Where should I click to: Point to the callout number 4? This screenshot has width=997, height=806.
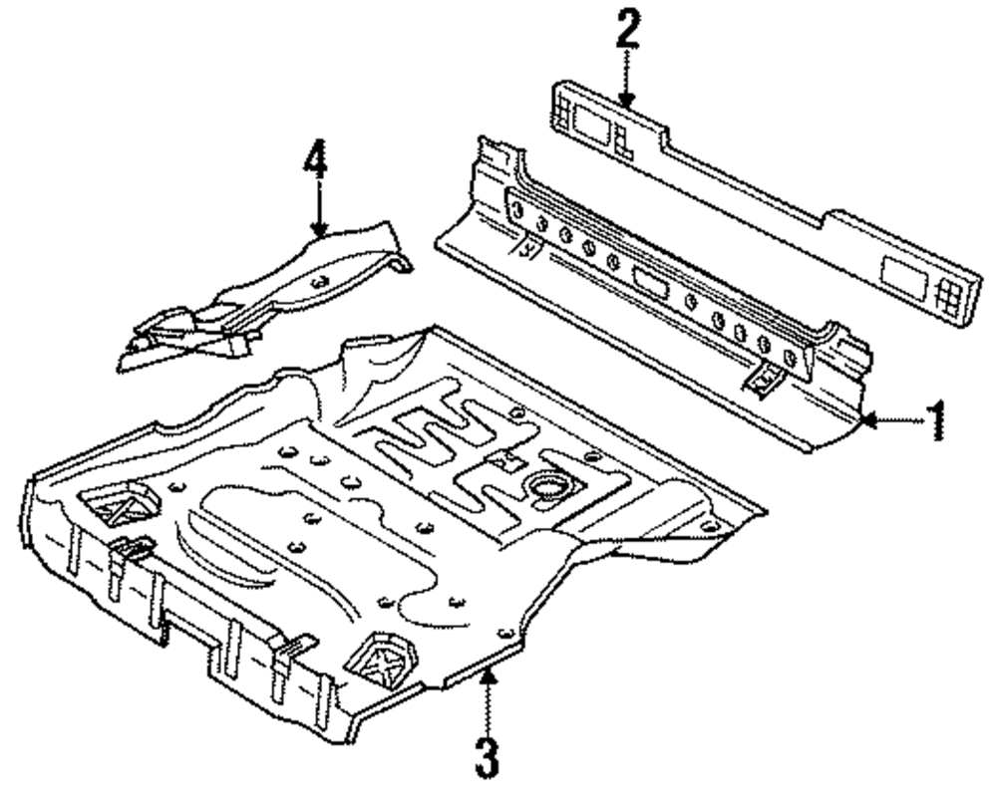316,159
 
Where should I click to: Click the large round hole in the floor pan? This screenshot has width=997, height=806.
547,486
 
